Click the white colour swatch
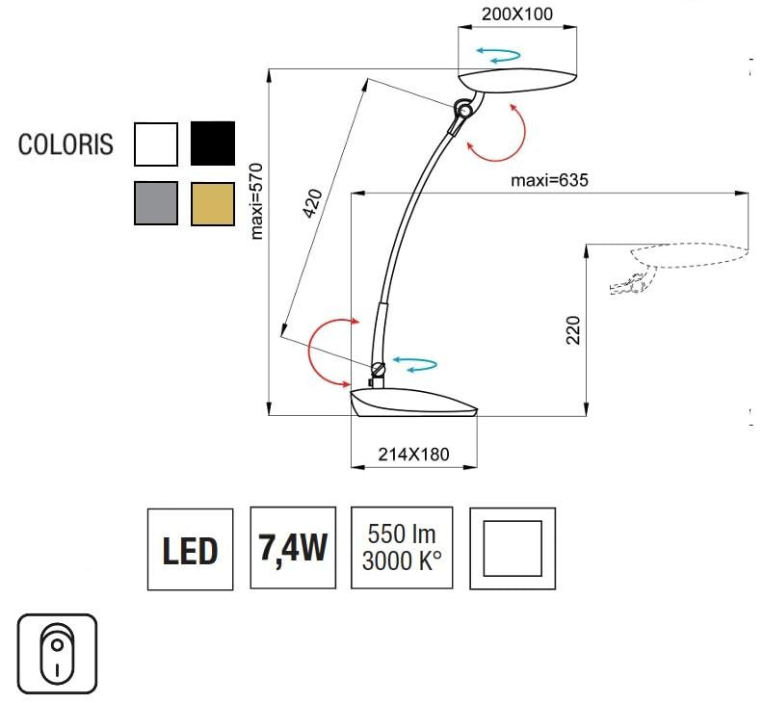click(x=156, y=144)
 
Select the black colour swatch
click(x=213, y=144)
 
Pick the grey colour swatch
click(x=156, y=202)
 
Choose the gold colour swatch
click(x=213, y=202)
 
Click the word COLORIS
click(x=66, y=145)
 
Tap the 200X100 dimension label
click(x=517, y=14)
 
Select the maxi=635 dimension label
click(x=548, y=180)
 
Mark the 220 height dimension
click(x=571, y=332)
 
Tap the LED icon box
click(x=190, y=549)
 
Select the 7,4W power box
click(x=293, y=548)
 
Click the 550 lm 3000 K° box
click(x=399, y=548)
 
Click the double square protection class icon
click(x=513, y=548)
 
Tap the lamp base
click(x=414, y=404)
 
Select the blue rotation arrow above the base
click(x=416, y=364)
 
